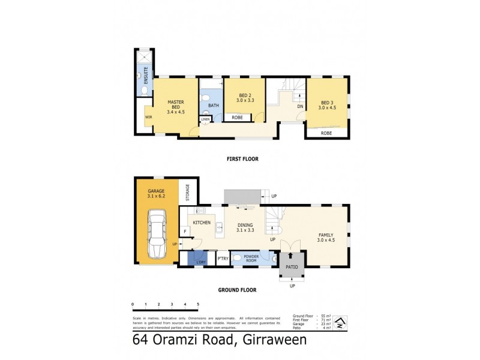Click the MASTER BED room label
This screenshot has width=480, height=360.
point(175,106)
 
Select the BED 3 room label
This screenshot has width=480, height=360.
point(327,106)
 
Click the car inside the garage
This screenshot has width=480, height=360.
point(157,234)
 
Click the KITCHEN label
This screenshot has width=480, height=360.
point(202,222)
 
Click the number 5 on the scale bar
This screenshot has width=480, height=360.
point(197,305)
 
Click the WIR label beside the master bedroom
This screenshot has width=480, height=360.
point(148,117)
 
